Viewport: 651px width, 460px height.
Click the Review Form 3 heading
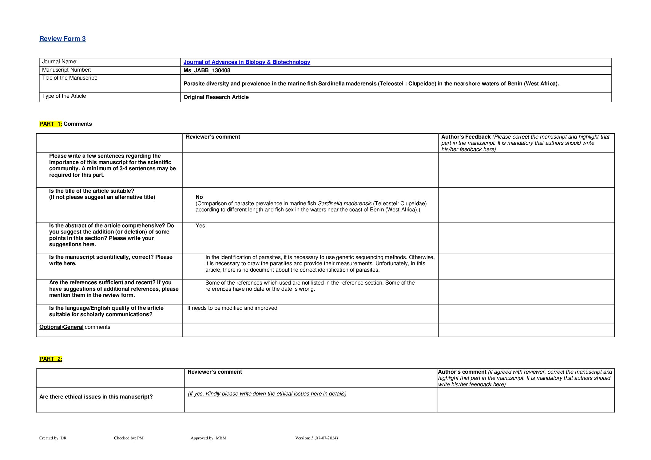tap(62, 39)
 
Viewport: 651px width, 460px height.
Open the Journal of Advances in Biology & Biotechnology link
tap(247, 62)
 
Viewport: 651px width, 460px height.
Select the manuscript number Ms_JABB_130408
tap(207, 70)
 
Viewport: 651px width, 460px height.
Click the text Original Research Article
tap(216, 97)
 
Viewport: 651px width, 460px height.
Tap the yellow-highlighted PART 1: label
tap(51, 124)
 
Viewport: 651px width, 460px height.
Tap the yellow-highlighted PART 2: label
tap(51, 359)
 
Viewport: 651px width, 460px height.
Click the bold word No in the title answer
tap(199, 197)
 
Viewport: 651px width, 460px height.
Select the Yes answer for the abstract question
tap(200, 226)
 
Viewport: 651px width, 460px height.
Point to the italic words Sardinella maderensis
tap(344, 203)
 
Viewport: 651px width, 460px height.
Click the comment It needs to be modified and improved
tap(232, 308)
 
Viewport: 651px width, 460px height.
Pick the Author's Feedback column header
tap(466, 137)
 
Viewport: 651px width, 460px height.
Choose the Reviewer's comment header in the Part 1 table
tap(213, 137)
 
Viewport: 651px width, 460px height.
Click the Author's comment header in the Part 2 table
tap(462, 372)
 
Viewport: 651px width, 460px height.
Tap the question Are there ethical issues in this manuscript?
tap(96, 397)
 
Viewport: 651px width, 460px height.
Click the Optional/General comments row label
tap(75, 327)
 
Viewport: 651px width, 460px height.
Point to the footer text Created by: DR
tap(53, 438)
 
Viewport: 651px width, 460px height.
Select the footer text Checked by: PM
tap(129, 438)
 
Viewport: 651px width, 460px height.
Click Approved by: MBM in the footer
tap(208, 438)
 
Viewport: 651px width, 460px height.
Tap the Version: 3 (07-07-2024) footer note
tap(316, 438)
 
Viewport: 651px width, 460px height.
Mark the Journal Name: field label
tap(60, 61)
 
